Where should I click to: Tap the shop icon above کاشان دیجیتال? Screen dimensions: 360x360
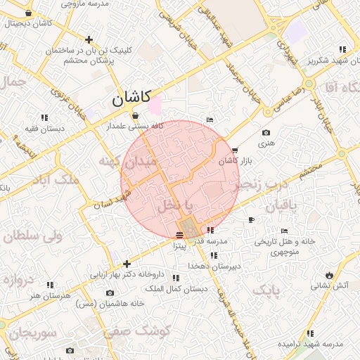(27, 13)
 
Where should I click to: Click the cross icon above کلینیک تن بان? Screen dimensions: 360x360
(89, 39)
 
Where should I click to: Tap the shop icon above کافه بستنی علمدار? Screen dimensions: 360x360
(134, 116)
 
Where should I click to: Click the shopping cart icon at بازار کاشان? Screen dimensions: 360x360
(234, 150)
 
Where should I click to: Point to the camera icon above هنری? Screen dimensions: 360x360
(265, 133)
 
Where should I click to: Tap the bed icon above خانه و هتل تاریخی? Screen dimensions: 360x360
(284, 231)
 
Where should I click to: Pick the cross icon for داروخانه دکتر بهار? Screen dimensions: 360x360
(127, 264)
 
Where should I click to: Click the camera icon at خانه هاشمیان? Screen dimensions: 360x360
(110, 292)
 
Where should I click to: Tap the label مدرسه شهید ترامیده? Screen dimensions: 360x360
(309, 345)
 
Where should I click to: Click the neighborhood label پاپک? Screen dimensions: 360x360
(266, 290)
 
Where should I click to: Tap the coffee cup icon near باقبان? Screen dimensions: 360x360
(252, 220)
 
